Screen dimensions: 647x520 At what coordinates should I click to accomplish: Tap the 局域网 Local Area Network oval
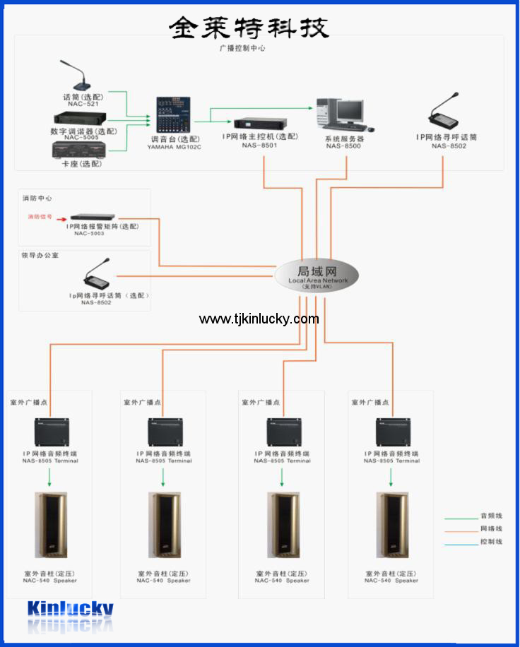pyautogui.click(x=317, y=275)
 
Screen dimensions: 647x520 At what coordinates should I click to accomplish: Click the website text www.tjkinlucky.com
pyautogui.click(x=259, y=319)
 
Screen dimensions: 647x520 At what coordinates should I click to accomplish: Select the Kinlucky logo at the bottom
pyautogui.click(x=71, y=608)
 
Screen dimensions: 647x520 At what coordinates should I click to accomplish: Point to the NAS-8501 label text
pyautogui.click(x=260, y=146)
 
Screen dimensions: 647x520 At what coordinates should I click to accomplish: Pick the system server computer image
pyautogui.click(x=345, y=113)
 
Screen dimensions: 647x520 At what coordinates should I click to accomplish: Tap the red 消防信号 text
pyautogui.click(x=40, y=217)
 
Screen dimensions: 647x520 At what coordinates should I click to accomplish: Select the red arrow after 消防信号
pyautogui.click(x=62, y=218)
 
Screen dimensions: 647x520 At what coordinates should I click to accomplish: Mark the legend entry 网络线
pyautogui.click(x=491, y=529)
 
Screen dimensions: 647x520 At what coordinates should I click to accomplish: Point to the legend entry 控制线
pyautogui.click(x=491, y=542)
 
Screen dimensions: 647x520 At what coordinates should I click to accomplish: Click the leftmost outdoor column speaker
pyautogui.click(x=50, y=526)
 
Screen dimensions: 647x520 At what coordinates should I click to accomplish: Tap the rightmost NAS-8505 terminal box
pyautogui.click(x=391, y=429)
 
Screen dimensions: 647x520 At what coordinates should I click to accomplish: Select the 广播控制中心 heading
pyautogui.click(x=242, y=49)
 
